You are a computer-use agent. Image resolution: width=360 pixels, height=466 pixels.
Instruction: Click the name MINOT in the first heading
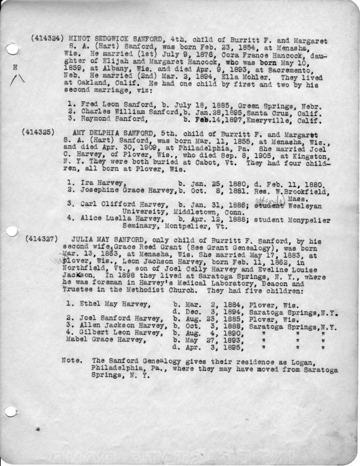(x=80, y=36)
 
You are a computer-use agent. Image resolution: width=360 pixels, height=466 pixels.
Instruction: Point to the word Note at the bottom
(x=71, y=360)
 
